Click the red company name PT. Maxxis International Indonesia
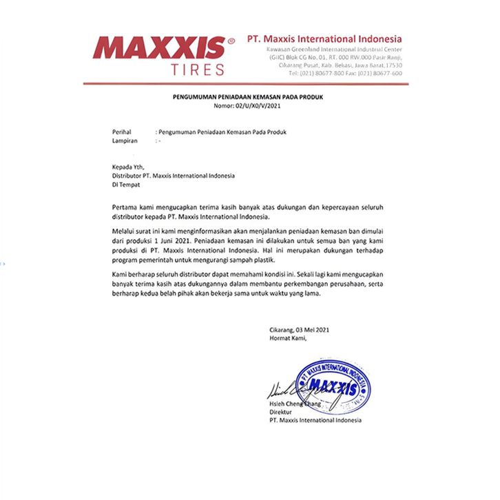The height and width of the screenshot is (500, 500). coord(324,39)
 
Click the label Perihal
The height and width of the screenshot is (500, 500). coord(123,132)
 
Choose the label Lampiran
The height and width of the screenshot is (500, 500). coord(125,140)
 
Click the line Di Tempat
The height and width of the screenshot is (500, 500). coord(125,184)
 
